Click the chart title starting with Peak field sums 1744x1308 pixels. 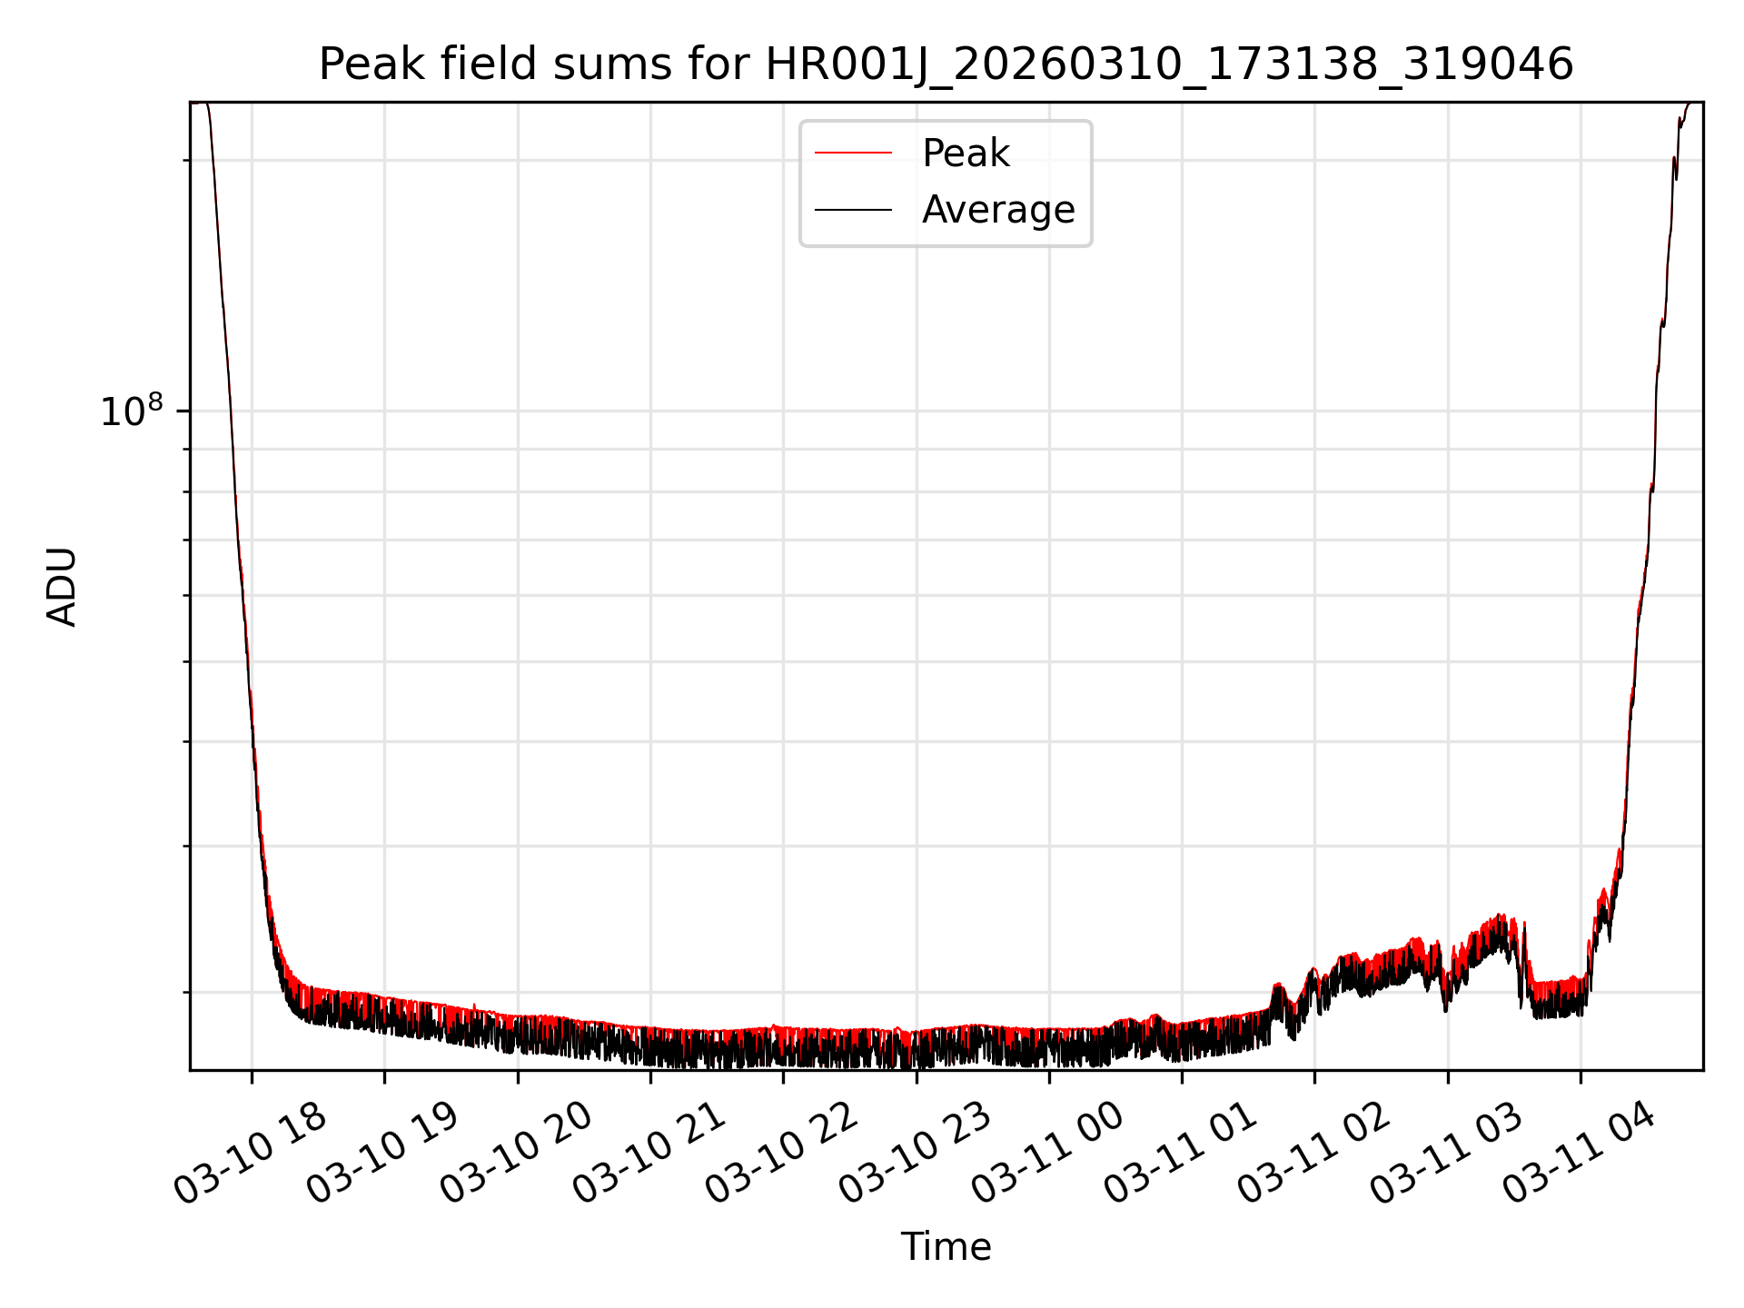946,65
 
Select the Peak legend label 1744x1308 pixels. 966,154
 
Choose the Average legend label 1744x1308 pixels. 997,210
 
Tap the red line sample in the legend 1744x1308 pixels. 853,154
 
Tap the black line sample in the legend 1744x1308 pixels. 853,210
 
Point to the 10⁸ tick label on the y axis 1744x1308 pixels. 131,411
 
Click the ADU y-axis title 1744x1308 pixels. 63,587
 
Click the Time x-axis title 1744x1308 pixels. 946,1247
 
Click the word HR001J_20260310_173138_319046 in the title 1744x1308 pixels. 1169,65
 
